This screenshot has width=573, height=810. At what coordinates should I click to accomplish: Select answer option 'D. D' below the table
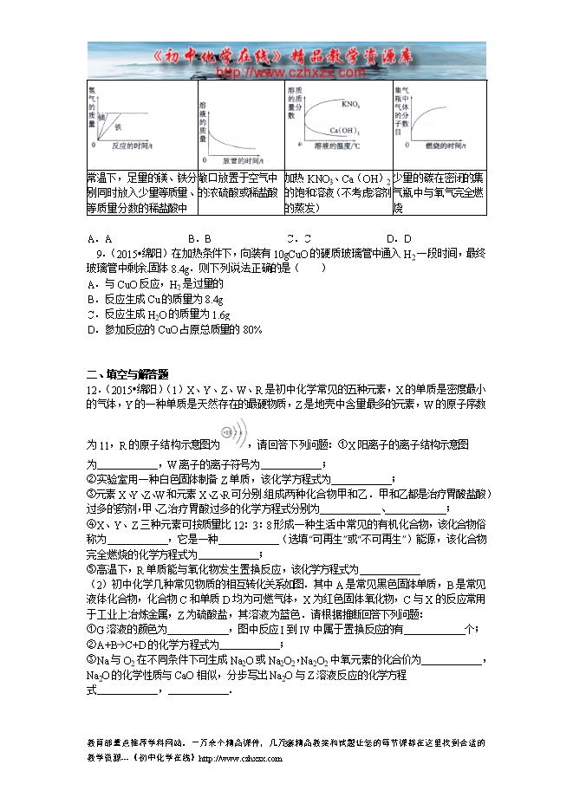(399, 238)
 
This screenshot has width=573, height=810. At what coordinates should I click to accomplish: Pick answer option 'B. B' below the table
(200, 238)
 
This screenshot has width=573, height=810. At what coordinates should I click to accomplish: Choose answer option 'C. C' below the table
(300, 238)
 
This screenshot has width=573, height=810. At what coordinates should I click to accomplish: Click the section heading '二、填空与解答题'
(127, 374)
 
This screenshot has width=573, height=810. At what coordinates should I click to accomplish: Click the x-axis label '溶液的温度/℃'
(337, 147)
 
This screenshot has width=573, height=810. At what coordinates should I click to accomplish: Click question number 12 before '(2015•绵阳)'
(93, 390)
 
